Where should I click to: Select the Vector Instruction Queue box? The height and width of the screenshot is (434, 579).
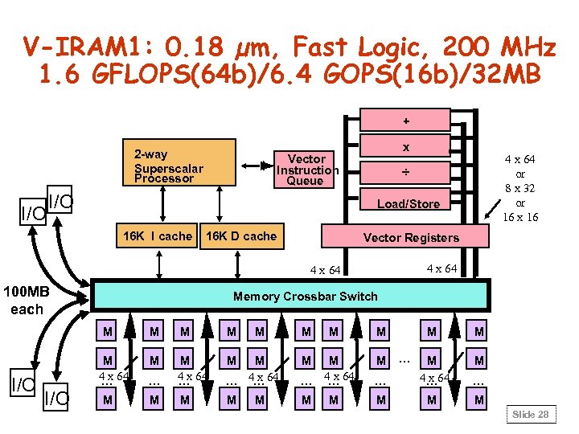coord(306,170)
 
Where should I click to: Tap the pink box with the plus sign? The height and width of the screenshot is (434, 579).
coord(405,120)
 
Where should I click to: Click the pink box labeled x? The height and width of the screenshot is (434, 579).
coord(405,147)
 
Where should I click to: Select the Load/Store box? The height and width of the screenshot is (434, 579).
coord(409,203)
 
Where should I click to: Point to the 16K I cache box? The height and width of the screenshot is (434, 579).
coord(158,235)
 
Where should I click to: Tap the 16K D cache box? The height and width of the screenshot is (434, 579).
coord(241,235)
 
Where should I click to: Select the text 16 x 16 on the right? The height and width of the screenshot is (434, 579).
coord(519,217)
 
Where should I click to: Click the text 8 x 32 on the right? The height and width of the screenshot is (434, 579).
coord(519,188)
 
